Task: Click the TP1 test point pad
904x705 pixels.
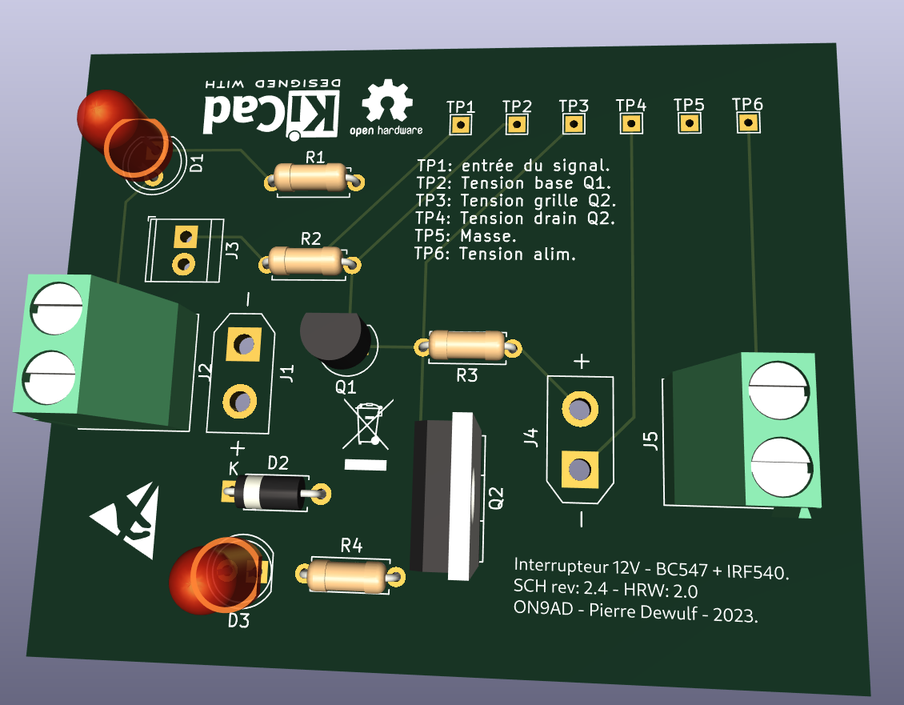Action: pyautogui.click(x=460, y=125)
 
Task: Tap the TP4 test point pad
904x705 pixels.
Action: pyautogui.click(x=631, y=123)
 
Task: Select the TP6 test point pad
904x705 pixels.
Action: pyautogui.click(x=748, y=122)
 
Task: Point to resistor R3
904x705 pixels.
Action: pyautogui.click(x=467, y=346)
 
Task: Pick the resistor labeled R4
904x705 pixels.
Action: pyautogui.click(x=350, y=575)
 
